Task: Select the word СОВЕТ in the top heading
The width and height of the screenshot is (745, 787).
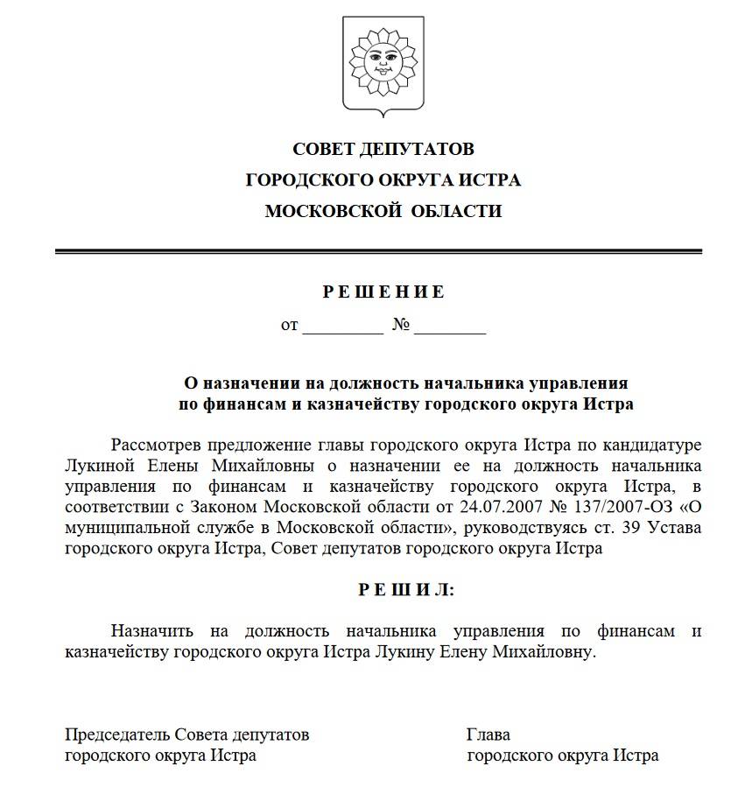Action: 325,149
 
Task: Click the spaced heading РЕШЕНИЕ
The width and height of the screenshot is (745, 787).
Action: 383,292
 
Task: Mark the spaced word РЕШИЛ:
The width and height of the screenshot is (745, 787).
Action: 406,590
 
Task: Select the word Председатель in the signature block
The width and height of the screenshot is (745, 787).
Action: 118,734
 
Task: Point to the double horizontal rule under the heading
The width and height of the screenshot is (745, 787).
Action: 378,252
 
